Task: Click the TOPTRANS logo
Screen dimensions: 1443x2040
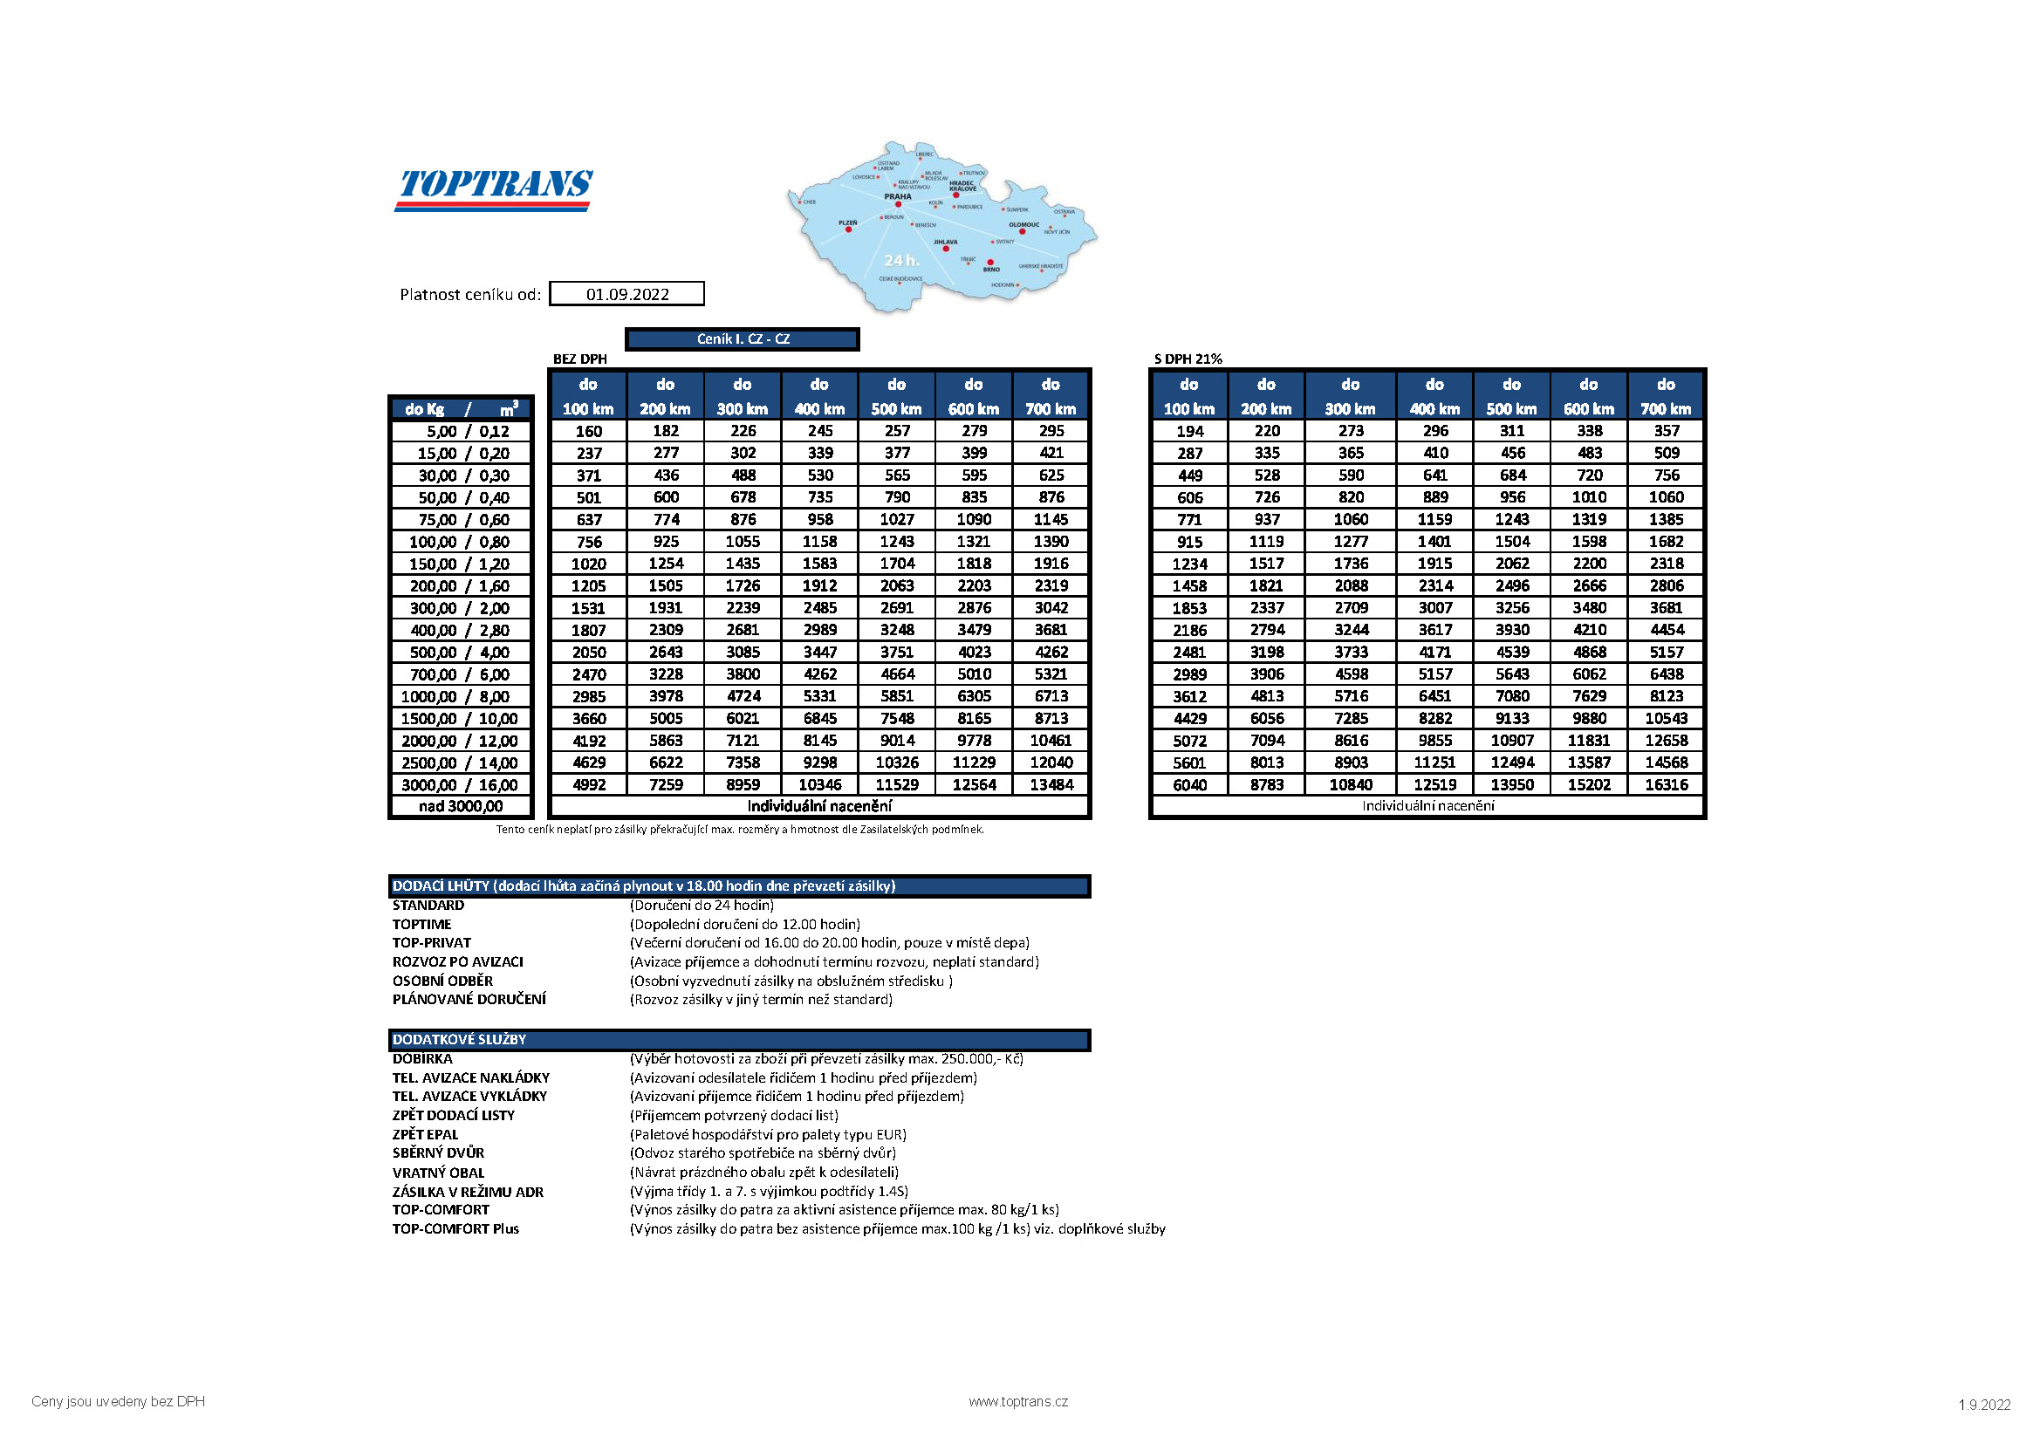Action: point(494,188)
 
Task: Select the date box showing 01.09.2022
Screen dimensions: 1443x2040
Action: point(626,294)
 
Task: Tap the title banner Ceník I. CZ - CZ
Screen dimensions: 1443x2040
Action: point(742,339)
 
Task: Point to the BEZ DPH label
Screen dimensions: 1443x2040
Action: point(579,359)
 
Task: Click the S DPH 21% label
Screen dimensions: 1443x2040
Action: point(1188,359)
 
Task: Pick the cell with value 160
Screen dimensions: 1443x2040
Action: point(588,431)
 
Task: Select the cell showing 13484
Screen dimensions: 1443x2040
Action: point(1051,784)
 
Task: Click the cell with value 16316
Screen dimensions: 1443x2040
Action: point(1666,784)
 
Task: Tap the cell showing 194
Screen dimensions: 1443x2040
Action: point(1188,431)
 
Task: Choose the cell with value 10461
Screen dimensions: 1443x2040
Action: point(1051,740)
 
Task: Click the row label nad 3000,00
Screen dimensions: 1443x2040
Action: point(460,807)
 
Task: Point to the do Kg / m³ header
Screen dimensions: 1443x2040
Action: point(460,408)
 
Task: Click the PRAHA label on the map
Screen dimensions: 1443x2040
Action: point(897,196)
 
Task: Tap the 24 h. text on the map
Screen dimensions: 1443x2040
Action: point(901,260)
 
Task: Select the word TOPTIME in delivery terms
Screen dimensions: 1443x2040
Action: point(422,924)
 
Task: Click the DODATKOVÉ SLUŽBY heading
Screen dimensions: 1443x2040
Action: point(459,1039)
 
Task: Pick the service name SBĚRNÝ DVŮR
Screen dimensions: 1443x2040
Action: point(438,1153)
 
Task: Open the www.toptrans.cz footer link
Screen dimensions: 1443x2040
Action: point(1018,1401)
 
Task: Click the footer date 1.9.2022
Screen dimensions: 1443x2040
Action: point(1984,1405)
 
